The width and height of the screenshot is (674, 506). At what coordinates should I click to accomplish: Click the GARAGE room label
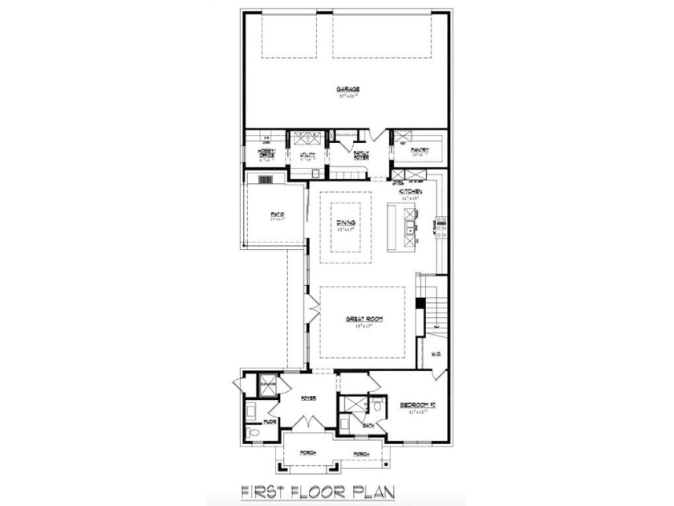click(347, 89)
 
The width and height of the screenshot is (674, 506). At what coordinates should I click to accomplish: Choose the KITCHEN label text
click(411, 192)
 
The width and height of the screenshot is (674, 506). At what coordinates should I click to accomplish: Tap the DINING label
click(347, 222)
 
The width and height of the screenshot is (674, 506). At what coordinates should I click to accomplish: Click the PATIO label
click(278, 214)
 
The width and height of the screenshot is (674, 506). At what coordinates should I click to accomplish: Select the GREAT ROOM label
click(363, 319)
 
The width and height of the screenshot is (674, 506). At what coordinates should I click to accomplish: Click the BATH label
click(368, 425)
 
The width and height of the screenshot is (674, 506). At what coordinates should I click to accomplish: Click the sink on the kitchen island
click(410, 231)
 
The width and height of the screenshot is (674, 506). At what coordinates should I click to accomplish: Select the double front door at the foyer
click(307, 423)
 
